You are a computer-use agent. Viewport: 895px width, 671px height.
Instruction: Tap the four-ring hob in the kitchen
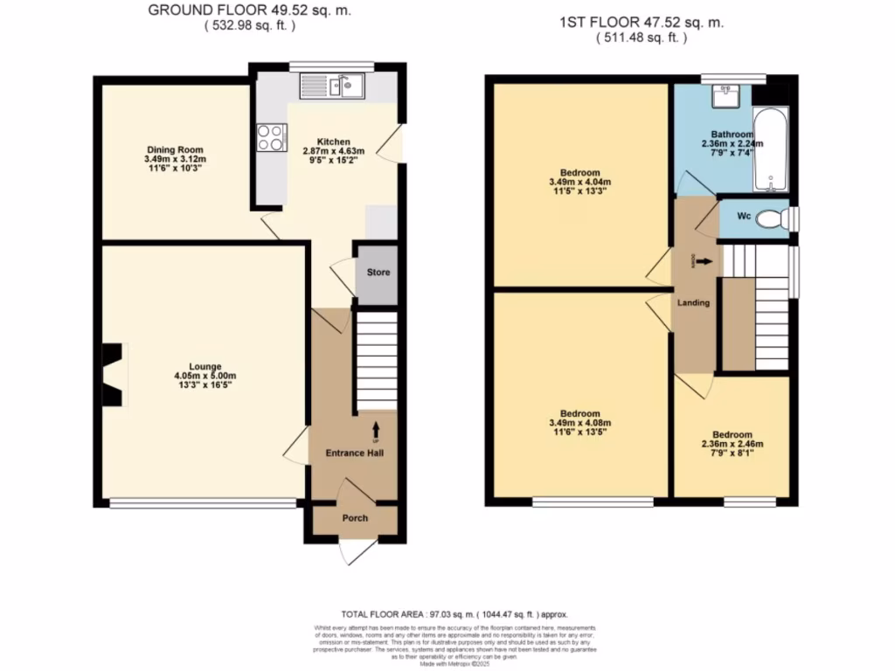click(271, 137)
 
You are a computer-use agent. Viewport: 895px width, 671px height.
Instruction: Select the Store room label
click(378, 273)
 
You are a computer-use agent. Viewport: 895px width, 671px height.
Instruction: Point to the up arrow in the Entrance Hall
click(376, 429)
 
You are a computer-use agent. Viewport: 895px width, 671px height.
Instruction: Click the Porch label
click(355, 518)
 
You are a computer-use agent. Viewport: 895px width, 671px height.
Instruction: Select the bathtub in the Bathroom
click(771, 149)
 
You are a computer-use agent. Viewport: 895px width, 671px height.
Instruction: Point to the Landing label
click(693, 303)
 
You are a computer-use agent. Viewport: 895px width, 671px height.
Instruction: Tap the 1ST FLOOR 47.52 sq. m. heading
click(642, 24)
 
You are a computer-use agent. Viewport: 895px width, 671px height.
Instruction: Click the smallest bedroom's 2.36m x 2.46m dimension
click(732, 444)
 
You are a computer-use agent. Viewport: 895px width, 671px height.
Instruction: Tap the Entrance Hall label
click(354, 453)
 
